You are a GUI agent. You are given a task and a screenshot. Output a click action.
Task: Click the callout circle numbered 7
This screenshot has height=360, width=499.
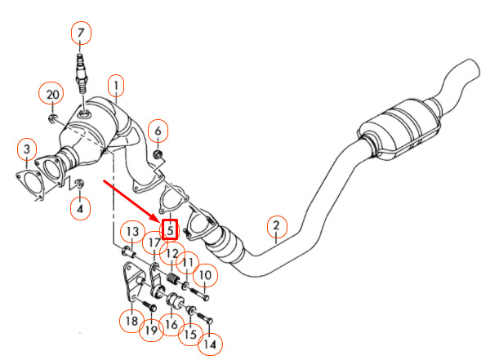(81, 33)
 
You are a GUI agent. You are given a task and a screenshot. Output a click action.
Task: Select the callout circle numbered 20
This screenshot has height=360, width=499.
(52, 95)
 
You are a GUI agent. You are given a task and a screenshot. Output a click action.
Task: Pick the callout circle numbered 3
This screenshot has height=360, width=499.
(27, 149)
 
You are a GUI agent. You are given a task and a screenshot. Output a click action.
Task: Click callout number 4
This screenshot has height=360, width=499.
(79, 209)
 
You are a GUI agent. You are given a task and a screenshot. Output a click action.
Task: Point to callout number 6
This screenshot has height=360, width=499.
(158, 129)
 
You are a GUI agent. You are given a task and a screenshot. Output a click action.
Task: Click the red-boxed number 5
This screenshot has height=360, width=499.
(170, 230)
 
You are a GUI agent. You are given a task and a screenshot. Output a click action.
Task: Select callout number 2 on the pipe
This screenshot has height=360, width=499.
(276, 226)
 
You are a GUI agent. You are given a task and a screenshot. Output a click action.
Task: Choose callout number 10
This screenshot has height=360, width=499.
(204, 275)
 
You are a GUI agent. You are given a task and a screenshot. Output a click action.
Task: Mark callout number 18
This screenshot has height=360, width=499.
(131, 322)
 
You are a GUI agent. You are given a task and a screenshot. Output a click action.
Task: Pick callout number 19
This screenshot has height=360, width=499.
(151, 331)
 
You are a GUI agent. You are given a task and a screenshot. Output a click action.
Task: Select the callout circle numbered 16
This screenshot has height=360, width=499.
(171, 324)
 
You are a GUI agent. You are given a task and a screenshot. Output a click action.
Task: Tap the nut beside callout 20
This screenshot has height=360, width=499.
(52, 119)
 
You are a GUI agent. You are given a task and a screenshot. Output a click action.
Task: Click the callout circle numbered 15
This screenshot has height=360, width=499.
(190, 335)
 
